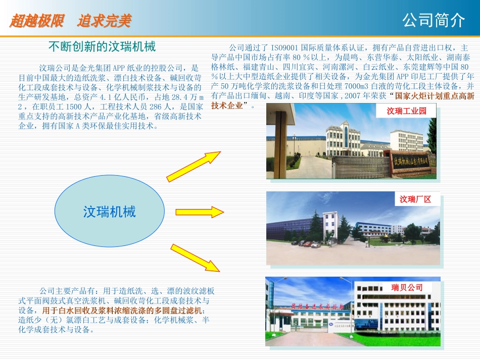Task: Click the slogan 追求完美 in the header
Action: (x=105, y=21)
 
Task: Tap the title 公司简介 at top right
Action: (x=434, y=21)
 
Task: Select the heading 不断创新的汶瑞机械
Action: (x=102, y=47)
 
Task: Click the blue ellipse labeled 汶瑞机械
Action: (x=110, y=212)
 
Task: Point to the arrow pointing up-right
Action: (x=194, y=166)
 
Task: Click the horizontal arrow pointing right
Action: (x=199, y=212)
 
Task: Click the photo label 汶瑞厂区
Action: (x=415, y=199)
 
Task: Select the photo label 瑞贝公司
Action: (x=407, y=287)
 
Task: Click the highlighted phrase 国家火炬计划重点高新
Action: (x=435, y=96)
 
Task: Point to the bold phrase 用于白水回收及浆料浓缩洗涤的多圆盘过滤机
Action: (x=122, y=310)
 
